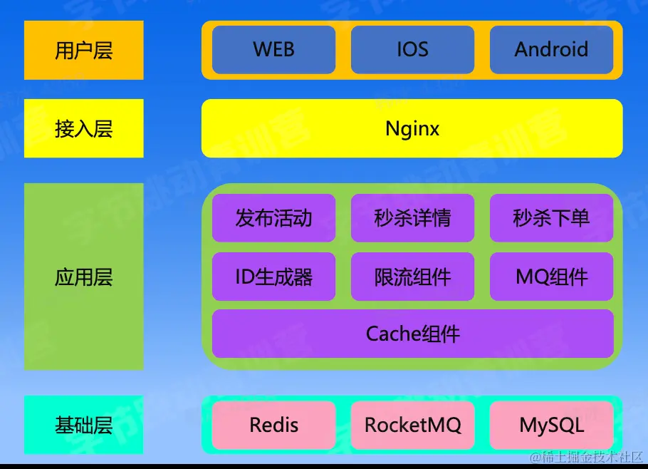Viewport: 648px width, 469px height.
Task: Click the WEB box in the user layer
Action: pos(273,50)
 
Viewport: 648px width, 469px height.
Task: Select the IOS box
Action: pos(412,50)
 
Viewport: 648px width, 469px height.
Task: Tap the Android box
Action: pos(551,50)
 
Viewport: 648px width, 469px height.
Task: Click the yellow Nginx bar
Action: pos(412,128)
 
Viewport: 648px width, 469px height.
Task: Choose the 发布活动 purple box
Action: pos(273,217)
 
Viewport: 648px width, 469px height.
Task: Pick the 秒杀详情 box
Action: pos(412,217)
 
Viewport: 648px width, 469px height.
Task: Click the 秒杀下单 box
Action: pos(551,217)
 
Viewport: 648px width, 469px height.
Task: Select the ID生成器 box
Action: pos(273,277)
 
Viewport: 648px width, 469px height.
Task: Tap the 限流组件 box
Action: pos(412,277)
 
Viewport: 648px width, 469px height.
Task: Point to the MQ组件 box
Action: pos(551,277)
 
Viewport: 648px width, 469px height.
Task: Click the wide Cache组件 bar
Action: pos(412,334)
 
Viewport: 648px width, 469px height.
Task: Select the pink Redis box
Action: pos(273,426)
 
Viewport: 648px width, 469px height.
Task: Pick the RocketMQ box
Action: pos(412,426)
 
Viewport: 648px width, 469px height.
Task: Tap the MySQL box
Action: pos(551,426)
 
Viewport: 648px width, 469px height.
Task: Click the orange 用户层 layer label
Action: pos(84,51)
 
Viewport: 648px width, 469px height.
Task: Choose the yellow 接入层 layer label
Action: pos(84,128)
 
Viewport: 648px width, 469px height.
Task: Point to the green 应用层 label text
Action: pos(84,277)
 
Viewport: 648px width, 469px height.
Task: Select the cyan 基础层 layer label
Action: pos(84,426)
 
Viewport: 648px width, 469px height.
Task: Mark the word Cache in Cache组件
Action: pos(390,334)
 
